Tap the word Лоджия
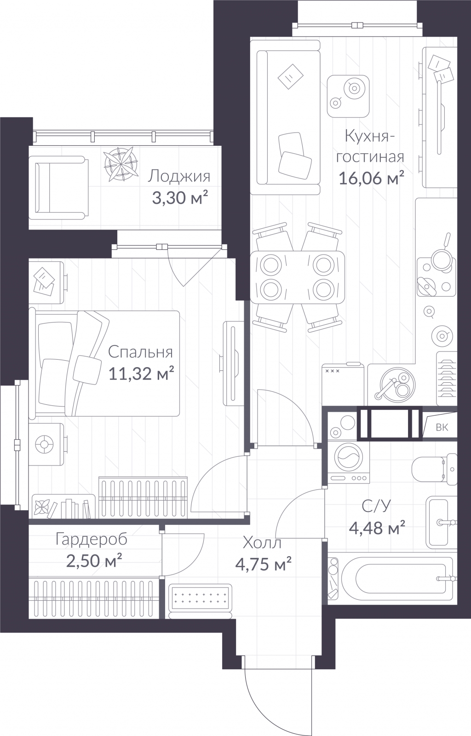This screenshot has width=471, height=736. (x=178, y=177)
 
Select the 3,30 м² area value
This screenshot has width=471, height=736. (x=180, y=198)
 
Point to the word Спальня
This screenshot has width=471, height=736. (x=140, y=352)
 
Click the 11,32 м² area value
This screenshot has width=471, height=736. (x=141, y=373)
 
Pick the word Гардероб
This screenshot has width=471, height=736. (x=92, y=540)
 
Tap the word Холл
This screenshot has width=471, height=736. (x=262, y=543)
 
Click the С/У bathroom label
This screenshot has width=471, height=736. (x=376, y=506)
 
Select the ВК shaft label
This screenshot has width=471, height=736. (x=442, y=427)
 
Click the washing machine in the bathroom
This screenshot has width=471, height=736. (x=349, y=462)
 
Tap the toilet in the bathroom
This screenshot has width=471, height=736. (x=435, y=470)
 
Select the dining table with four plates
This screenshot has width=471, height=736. (x=298, y=277)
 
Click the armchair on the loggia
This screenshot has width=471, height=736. (x=58, y=188)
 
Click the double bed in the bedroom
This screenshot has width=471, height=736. (x=104, y=364)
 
